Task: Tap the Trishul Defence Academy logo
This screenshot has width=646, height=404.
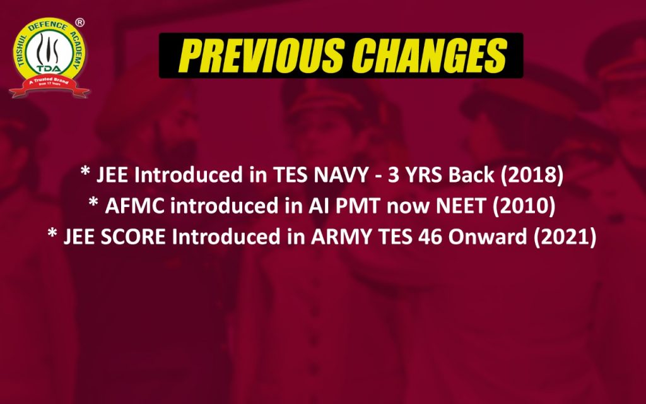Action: pyautogui.click(x=49, y=58)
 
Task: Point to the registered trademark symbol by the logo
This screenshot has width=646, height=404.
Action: pyautogui.click(x=80, y=23)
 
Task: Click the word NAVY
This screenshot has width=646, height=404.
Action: pyautogui.click(x=341, y=175)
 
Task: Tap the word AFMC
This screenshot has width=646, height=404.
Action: pyautogui.click(x=135, y=206)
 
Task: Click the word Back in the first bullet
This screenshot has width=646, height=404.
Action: pyautogui.click(x=471, y=175)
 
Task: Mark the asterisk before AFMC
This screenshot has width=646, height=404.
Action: pyautogui.click(x=93, y=202)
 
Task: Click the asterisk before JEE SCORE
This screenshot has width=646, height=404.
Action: pyautogui.click(x=52, y=233)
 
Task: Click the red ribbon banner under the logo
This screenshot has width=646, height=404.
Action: pyautogui.click(x=49, y=86)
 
